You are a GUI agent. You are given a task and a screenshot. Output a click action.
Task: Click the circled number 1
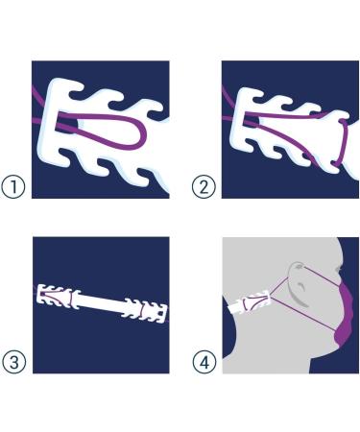[x=13, y=187]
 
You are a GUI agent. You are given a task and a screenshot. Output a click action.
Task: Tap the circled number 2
[x=204, y=187]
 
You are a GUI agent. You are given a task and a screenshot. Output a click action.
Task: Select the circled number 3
[x=13, y=362]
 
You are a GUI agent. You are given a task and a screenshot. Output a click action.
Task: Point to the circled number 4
[x=204, y=362]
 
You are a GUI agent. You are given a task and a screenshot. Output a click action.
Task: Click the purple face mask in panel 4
[x=345, y=315]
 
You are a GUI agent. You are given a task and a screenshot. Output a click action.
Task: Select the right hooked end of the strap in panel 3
[x=146, y=310]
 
